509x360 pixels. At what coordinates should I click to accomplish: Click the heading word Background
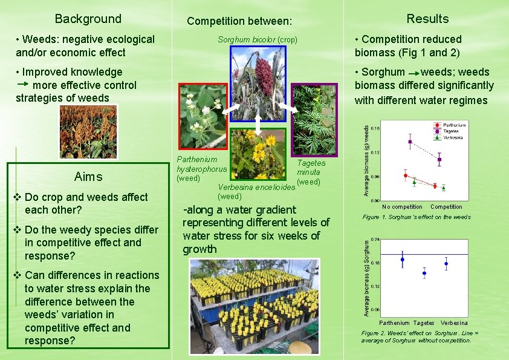(88, 19)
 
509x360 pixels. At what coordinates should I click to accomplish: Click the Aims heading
(88, 177)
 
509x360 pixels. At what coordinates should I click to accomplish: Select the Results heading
(427, 19)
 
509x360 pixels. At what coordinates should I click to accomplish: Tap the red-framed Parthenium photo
(201, 116)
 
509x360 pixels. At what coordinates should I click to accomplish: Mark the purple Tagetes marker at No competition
(410, 142)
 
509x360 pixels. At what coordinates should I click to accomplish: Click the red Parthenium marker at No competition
(406, 175)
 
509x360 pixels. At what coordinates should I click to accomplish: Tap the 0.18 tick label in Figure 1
(375, 128)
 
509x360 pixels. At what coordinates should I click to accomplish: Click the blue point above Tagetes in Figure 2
(424, 273)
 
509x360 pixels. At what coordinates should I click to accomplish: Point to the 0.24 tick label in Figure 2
(375, 240)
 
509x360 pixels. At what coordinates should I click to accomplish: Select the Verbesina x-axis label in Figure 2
(454, 322)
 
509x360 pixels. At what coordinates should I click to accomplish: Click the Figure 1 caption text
(417, 217)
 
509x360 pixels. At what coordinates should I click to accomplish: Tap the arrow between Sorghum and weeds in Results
(413, 72)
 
